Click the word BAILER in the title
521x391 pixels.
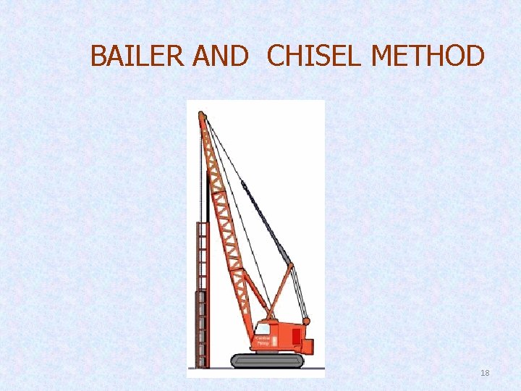point(138,56)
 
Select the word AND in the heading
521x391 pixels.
point(221,56)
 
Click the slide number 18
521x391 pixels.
point(485,373)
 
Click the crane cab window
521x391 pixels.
point(262,328)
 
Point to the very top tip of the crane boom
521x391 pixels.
point(202,114)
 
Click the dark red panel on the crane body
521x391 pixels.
point(296,336)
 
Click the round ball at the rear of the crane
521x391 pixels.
point(306,321)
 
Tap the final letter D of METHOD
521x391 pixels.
point(474,56)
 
